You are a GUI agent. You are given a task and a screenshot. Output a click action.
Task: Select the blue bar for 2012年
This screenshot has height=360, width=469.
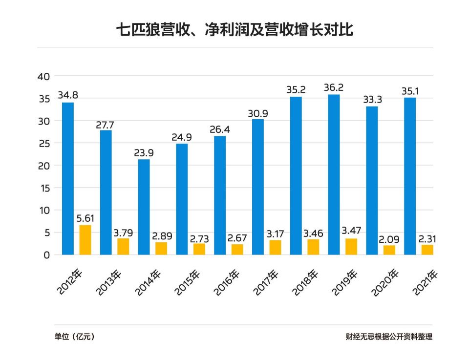tap(68, 178)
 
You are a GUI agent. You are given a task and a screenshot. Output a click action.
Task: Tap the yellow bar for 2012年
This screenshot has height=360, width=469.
tap(85, 240)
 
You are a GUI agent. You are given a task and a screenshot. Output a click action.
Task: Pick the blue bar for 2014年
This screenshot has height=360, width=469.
tap(144, 207)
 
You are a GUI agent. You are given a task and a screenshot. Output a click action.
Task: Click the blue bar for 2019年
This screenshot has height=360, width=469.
tap(334, 174)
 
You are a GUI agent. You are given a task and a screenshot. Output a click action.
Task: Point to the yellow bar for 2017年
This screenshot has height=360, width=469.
tap(276, 247)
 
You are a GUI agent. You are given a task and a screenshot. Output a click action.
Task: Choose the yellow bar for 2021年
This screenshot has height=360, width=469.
tap(427, 250)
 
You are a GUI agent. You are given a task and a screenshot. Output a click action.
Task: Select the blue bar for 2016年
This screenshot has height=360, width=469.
tap(220, 195)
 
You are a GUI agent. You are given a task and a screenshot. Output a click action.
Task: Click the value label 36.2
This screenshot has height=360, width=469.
tap(334, 87)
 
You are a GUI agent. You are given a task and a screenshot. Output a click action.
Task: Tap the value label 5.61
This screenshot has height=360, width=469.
tap(85, 218)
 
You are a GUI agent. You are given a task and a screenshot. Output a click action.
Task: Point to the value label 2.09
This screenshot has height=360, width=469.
tap(389, 239)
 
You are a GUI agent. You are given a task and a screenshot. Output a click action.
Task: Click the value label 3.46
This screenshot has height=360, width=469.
tap(313, 233)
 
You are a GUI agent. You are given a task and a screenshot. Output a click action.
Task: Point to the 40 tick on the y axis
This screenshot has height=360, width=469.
tap(44, 76)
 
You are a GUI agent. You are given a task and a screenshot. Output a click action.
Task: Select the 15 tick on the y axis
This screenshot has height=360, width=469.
tap(44, 188)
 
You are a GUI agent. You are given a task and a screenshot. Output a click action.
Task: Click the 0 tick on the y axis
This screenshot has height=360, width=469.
tap(47, 255)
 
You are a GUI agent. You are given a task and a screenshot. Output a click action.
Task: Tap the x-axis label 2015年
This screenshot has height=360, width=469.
tap(188, 283)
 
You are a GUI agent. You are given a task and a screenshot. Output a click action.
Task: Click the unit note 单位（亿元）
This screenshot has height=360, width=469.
tap(74, 337)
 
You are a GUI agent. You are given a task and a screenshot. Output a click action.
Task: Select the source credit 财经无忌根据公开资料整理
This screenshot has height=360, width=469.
tap(389, 337)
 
